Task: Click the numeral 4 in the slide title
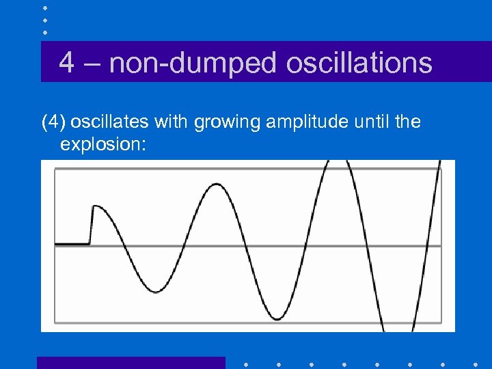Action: point(66,63)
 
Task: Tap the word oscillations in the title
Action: point(359,63)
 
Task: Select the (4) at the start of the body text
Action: point(53,122)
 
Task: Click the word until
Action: point(367,122)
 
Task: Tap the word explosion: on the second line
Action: point(103,144)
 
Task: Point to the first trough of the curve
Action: point(156,291)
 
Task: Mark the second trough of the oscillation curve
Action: point(275,318)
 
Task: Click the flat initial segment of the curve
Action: point(72,243)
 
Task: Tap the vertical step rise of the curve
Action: point(91,225)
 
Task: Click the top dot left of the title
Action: point(45,8)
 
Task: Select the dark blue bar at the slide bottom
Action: point(131,362)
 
